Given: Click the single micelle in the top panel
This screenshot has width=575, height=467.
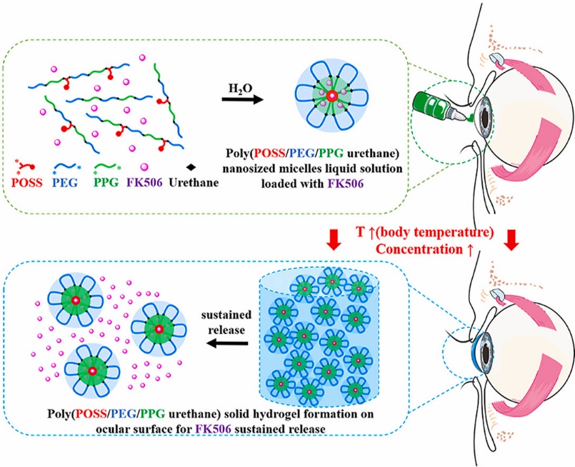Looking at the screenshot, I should [x=331, y=96].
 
